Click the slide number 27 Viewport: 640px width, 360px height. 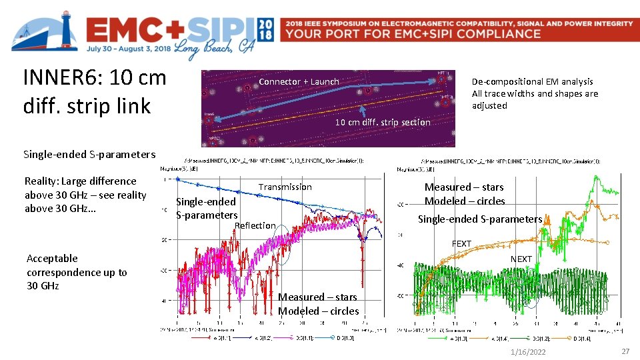click(625, 351)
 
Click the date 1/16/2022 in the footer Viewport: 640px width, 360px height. click(527, 352)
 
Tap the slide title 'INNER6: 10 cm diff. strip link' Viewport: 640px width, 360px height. click(95, 91)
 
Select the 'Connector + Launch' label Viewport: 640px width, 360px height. click(299, 81)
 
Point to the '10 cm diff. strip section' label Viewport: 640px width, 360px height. click(383, 123)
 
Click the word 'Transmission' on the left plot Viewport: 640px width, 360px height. click(285, 187)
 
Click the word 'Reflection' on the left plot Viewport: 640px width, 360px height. click(255, 225)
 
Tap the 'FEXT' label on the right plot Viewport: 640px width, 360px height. click(461, 243)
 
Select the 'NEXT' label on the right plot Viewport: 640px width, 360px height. click(521, 259)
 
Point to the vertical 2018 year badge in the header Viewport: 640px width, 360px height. click(264, 30)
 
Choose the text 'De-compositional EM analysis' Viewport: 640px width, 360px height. click(532, 81)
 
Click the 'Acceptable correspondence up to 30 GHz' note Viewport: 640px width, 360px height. click(77, 272)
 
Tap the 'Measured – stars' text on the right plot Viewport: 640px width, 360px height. click(464, 187)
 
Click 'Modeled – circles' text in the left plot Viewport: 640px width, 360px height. click(318, 311)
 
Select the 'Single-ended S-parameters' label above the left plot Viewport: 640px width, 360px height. click(89, 155)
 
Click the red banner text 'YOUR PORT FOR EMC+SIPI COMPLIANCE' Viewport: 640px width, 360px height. click(413, 34)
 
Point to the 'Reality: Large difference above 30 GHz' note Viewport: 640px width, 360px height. click(85, 195)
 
